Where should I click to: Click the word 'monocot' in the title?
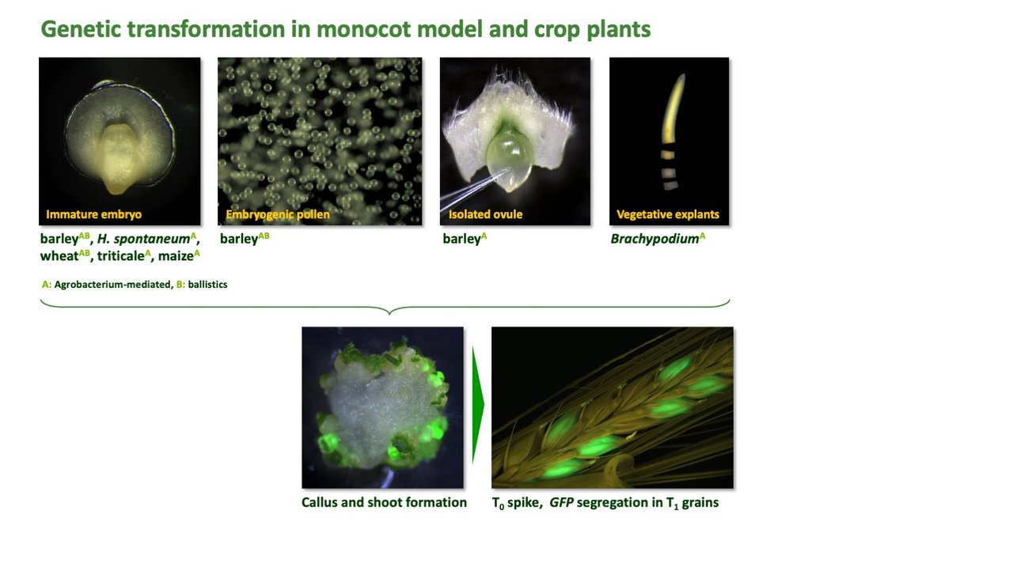tap(363, 29)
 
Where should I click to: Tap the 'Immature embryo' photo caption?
tap(93, 214)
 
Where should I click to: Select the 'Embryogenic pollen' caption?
tap(278, 214)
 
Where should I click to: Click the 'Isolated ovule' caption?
tap(485, 214)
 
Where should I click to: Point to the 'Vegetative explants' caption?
tap(667, 214)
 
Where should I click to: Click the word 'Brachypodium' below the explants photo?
tap(654, 239)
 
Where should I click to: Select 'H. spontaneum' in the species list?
tap(143, 239)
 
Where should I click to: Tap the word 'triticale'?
tap(121, 256)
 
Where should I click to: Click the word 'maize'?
tap(176, 256)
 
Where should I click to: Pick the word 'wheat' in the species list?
tap(59, 256)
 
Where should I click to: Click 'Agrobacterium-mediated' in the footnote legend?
tap(112, 285)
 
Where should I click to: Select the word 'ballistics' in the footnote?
tap(207, 285)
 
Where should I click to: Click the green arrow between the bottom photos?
tap(478, 405)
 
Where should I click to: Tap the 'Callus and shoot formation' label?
tap(384, 502)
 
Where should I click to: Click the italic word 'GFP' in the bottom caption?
tap(561, 502)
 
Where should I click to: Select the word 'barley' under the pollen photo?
tap(239, 239)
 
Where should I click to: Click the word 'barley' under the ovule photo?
tap(461, 239)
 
